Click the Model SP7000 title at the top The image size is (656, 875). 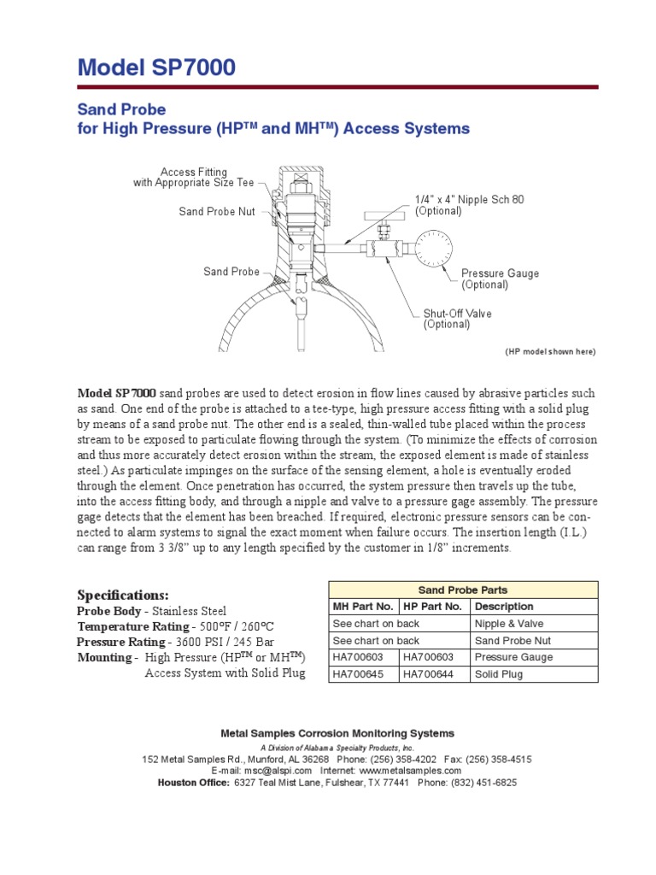point(156,68)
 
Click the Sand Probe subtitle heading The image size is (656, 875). point(121,109)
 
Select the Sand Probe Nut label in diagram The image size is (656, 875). point(217,211)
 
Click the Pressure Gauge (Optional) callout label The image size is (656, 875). point(500,279)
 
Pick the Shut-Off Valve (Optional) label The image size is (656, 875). point(458,319)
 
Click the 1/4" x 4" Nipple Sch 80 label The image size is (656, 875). point(469,204)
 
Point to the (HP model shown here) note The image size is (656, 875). point(550,352)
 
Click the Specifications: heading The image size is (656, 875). point(123,595)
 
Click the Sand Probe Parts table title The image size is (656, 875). point(463,590)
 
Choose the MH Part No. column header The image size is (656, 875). point(363,607)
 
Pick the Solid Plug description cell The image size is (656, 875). point(499,674)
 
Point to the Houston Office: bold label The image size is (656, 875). point(193,783)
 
